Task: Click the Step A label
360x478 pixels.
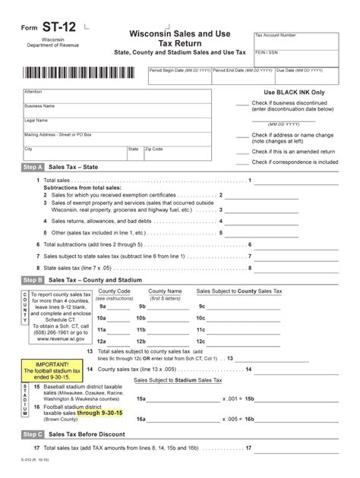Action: pyautogui.click(x=33, y=166)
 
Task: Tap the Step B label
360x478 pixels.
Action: pyautogui.click(x=33, y=280)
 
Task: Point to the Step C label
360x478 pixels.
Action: pyautogui.click(x=33, y=434)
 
